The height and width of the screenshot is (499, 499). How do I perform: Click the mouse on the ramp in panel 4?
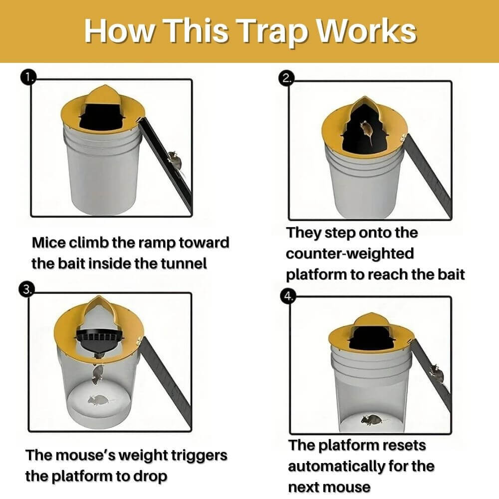pyautogui.click(x=437, y=372)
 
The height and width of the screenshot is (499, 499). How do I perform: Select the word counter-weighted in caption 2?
pyautogui.click(x=350, y=253)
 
